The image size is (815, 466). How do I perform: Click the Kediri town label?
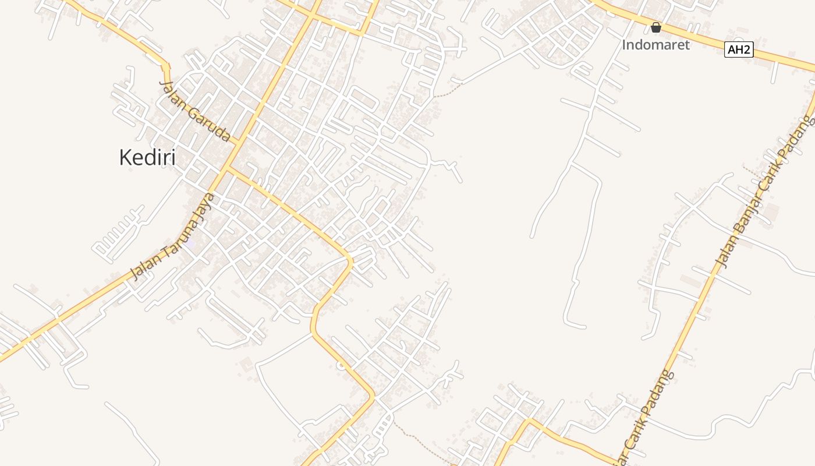[x=147, y=157]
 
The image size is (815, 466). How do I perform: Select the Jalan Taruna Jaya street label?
[x=173, y=236]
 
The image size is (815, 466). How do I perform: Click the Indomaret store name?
[x=655, y=45]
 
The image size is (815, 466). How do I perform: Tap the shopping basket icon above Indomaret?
[x=656, y=27]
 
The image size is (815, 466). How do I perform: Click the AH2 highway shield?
[x=739, y=50]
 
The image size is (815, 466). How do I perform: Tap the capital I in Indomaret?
[x=625, y=45]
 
